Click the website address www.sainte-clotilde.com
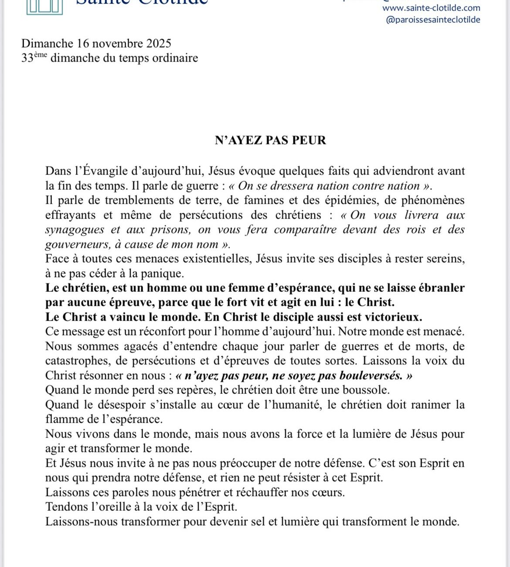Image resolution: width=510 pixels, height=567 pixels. coord(431,8)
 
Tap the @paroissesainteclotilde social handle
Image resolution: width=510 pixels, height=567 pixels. coord(433,20)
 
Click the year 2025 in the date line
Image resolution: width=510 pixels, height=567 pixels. coord(159,44)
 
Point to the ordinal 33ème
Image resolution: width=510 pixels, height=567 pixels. coord(34,58)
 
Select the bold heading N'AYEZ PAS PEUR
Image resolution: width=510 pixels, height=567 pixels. coord(270,140)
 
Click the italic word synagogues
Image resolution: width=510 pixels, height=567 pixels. coord(75,230)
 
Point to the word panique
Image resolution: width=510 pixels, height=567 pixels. coord(163,274)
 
